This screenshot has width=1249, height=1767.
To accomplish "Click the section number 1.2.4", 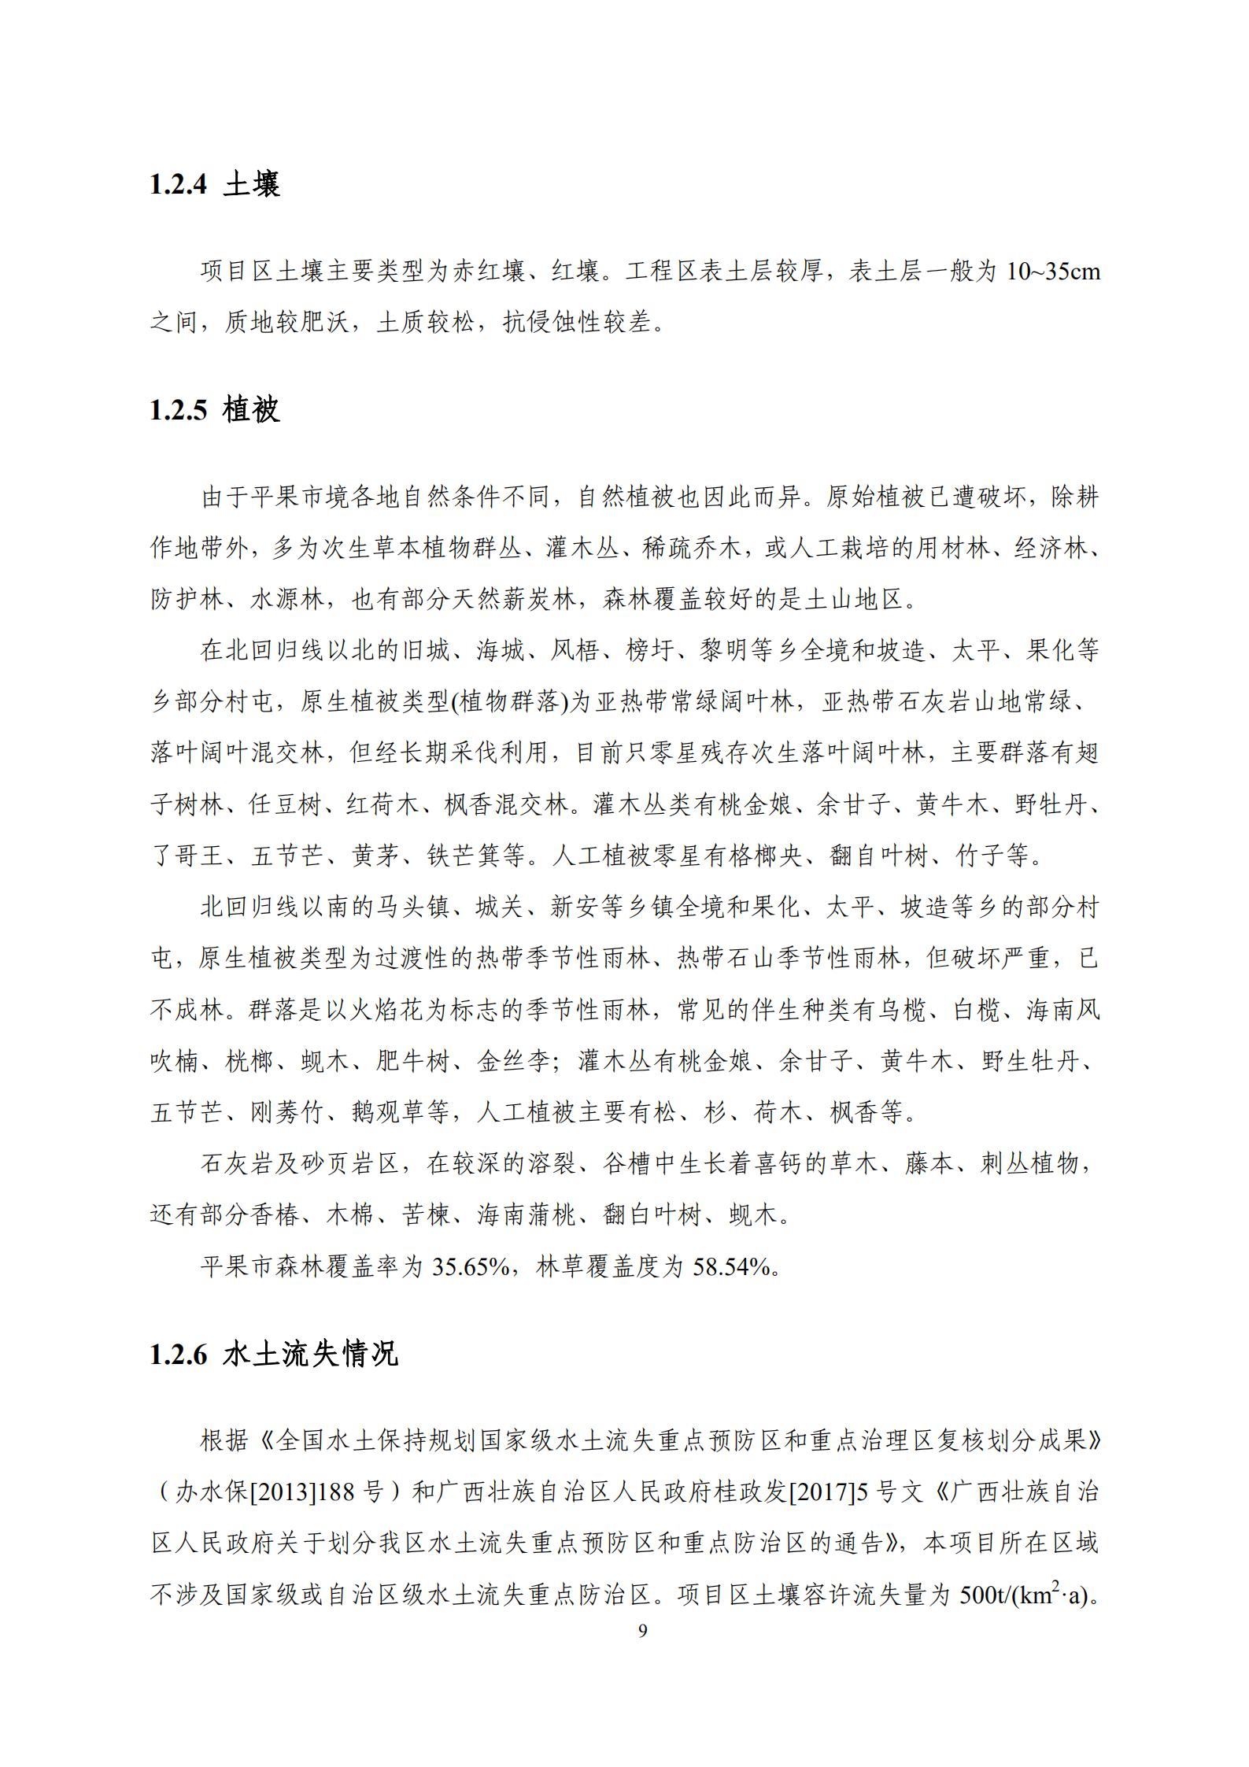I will pos(178,184).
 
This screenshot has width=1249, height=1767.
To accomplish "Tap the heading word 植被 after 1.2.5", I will pos(251,410).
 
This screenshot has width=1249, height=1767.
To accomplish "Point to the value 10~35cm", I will pos(1053,272).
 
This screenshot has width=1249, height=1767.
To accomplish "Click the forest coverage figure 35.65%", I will pos(471,1266).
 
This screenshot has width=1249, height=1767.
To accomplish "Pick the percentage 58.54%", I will pos(730,1266).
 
